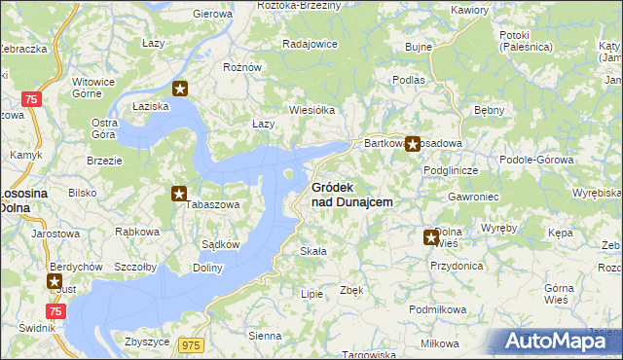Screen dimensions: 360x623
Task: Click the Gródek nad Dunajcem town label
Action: coord(351,195)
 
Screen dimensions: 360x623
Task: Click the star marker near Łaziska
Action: coord(180,89)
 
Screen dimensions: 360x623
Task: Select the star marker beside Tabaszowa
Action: coord(180,194)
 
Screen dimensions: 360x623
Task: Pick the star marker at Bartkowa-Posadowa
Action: coord(413,145)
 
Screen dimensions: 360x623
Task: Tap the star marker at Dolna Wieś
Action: coord(431,236)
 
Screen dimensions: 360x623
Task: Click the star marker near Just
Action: coord(55,281)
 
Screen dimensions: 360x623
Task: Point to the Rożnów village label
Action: coord(243,67)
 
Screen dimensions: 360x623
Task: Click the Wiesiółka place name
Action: coord(311,110)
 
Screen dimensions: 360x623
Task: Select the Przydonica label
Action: coord(456,265)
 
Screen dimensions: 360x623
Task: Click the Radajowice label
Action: coord(310,44)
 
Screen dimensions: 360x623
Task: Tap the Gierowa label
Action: coord(213,14)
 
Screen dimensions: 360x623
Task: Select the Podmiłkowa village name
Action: coord(439,309)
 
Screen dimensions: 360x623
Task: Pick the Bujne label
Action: coord(418,47)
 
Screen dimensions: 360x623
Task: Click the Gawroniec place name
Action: coord(447,196)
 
